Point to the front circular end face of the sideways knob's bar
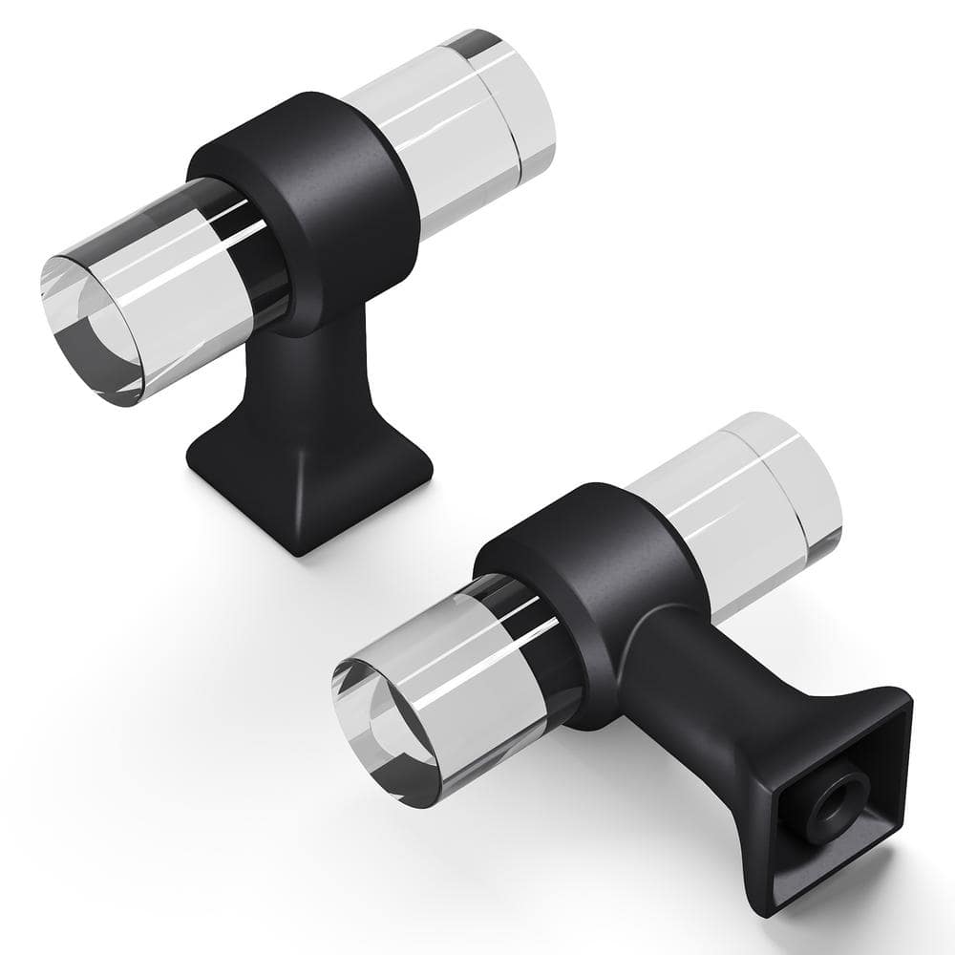coord(382,726)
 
